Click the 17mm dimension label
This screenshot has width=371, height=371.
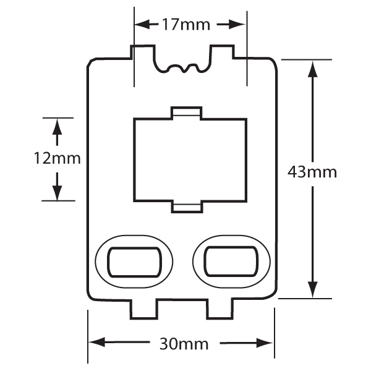click(x=186, y=25)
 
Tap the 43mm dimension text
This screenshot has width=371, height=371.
click(x=312, y=172)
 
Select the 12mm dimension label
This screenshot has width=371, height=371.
click(x=58, y=158)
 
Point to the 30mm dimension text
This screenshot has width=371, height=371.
click(x=184, y=344)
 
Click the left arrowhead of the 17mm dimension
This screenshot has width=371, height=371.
click(x=142, y=24)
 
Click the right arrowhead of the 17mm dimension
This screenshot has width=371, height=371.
click(x=237, y=24)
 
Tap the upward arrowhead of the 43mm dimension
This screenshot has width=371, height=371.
click(x=312, y=69)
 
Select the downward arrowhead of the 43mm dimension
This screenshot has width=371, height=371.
click(x=312, y=289)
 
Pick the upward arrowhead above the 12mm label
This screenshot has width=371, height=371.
click(x=57, y=127)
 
